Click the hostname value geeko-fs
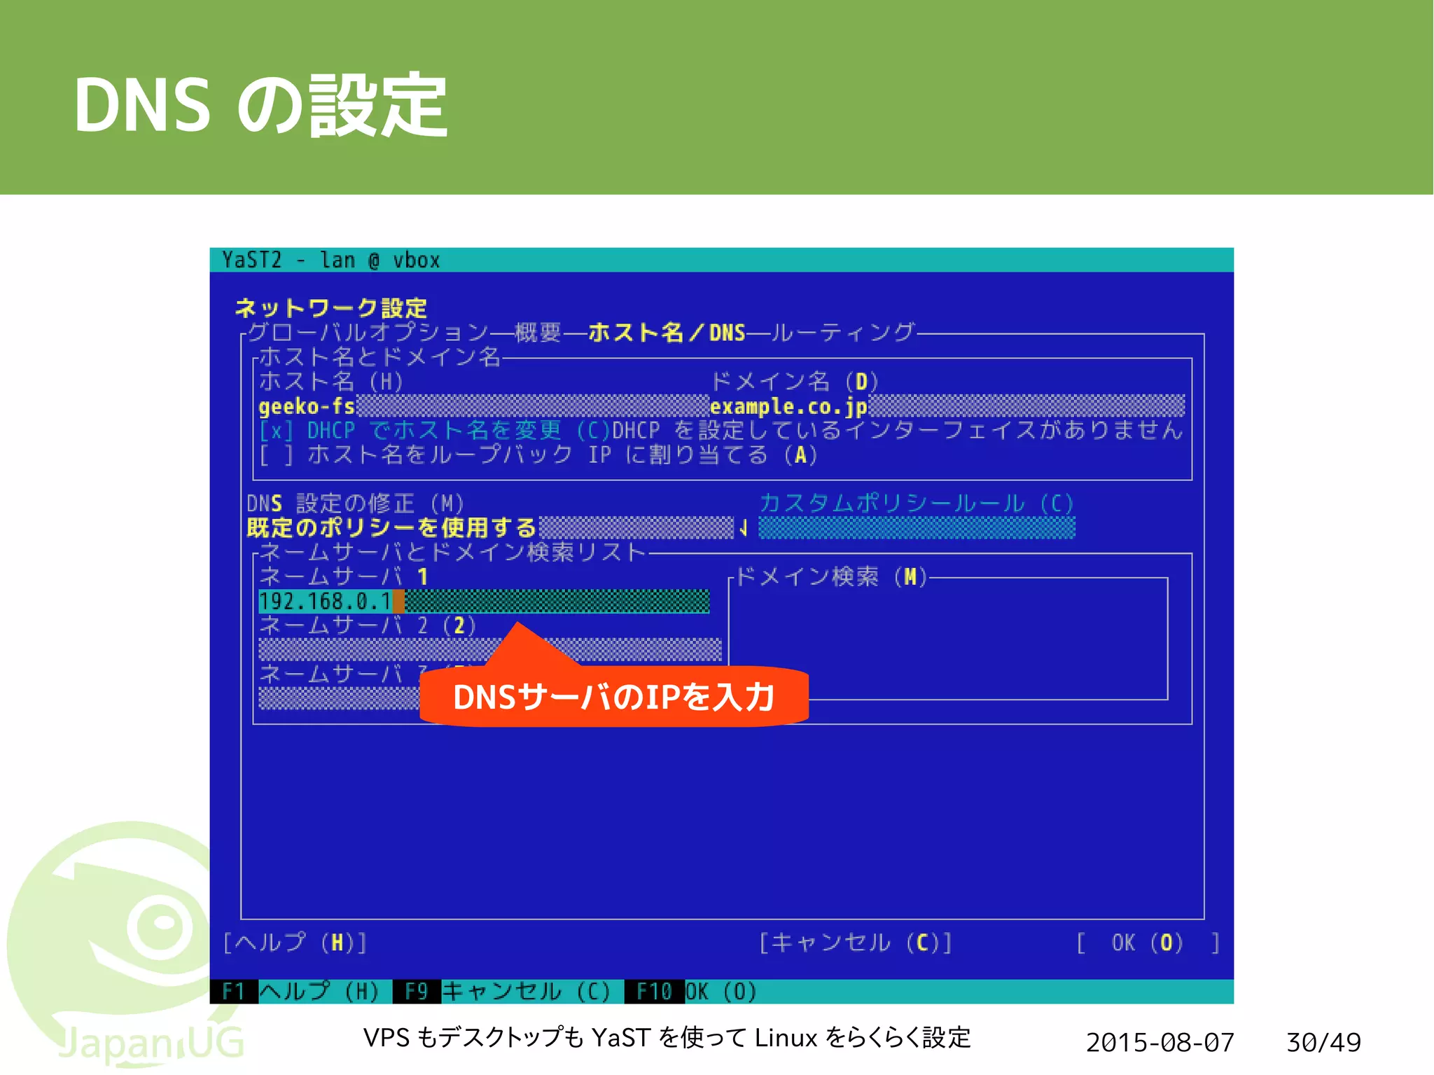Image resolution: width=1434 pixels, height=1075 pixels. [x=307, y=406]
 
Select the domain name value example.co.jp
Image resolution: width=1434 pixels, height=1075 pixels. [x=788, y=406]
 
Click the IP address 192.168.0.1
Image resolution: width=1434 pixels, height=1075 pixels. [x=325, y=601]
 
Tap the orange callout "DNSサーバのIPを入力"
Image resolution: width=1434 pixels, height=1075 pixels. [x=613, y=696]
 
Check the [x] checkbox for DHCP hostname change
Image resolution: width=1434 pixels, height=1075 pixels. [x=276, y=430]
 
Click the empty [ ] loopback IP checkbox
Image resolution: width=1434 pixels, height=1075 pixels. [x=276, y=455]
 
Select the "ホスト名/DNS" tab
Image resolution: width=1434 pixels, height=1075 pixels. [x=666, y=332]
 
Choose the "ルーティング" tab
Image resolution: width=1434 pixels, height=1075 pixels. [x=843, y=332]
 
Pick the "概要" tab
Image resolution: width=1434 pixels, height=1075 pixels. [x=537, y=332]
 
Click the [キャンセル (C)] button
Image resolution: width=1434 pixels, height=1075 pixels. [x=856, y=943]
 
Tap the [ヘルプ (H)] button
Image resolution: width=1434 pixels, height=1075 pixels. [x=295, y=943]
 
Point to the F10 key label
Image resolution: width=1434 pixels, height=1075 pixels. [x=654, y=992]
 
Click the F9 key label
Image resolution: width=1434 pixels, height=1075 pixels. [x=417, y=992]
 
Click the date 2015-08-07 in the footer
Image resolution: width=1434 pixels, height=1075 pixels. [x=1160, y=1042]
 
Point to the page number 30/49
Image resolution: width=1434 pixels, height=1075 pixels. [x=1323, y=1042]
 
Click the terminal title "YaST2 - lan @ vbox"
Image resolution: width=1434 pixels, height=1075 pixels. [x=330, y=260]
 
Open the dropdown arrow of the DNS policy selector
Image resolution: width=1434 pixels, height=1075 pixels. [x=744, y=528]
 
